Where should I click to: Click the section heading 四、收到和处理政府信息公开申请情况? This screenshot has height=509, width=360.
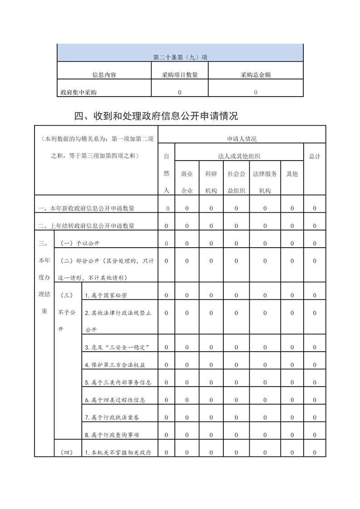point(156,116)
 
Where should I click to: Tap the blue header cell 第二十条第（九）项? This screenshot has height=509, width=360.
point(180,58)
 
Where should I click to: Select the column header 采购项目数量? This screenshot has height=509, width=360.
point(180,75)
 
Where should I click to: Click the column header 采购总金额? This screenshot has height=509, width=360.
point(256,75)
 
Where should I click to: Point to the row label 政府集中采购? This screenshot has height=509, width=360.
point(79,93)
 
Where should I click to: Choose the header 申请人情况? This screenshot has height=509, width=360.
point(242,139)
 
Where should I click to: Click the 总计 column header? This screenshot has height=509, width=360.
point(315,157)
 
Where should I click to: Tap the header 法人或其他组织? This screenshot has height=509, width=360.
point(239,157)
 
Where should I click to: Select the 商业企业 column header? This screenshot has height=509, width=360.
point(187,182)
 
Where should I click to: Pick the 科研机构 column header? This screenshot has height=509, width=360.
point(211,182)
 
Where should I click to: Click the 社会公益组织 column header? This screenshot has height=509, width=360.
point(237,182)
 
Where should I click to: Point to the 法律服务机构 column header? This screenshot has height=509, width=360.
point(265,182)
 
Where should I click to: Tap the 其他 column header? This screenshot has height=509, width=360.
point(292,174)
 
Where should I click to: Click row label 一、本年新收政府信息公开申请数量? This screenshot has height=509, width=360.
point(86,209)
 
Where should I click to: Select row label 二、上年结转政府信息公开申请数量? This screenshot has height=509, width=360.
point(86,226)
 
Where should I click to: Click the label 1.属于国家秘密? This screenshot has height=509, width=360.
point(106,296)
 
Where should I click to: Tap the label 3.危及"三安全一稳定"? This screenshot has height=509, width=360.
point(118,347)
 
